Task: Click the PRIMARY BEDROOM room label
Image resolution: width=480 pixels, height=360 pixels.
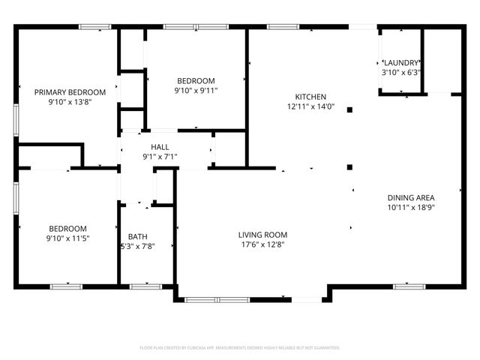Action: coord(70,92)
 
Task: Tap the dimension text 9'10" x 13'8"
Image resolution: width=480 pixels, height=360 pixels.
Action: coord(70,103)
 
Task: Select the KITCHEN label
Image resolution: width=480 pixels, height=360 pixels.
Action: coord(310,97)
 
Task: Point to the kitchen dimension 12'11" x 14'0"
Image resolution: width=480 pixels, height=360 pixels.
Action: coord(310,107)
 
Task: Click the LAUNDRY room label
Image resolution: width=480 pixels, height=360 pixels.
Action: coord(401,62)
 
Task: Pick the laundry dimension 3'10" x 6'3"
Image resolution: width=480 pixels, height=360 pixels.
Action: coord(401,73)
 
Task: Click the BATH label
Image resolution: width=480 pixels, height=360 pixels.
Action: coord(137,236)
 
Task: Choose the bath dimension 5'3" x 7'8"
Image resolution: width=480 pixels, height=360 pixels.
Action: coord(137,247)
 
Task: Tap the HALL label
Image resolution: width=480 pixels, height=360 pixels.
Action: coord(160,147)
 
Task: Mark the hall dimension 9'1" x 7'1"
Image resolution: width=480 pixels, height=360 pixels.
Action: coord(160,157)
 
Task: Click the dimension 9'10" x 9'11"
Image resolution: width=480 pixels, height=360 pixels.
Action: coord(196,91)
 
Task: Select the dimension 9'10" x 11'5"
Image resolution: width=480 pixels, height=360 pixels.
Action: coord(67,239)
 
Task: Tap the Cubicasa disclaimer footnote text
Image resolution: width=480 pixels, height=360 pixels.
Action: coord(240,348)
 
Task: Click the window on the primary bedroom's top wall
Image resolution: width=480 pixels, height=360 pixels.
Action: coord(95,28)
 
